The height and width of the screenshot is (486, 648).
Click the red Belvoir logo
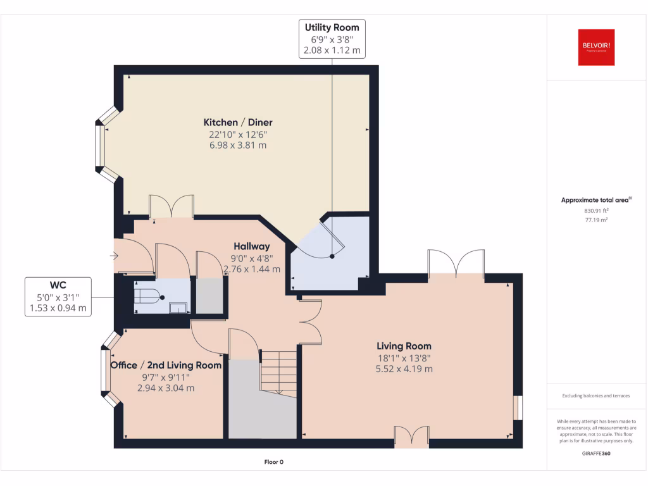(x=596, y=47)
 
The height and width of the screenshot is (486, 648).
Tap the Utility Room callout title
(x=332, y=27)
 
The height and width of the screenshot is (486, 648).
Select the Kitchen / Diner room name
(x=238, y=122)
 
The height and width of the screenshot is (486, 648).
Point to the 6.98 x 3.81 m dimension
(x=238, y=145)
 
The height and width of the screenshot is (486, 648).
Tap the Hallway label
(x=251, y=246)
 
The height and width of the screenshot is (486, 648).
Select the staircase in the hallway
(x=278, y=373)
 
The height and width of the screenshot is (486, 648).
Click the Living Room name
(x=404, y=346)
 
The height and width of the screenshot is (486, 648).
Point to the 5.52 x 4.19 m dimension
(x=404, y=368)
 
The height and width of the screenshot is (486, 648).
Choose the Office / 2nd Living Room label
(x=166, y=365)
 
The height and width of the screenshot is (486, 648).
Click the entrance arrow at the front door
(x=114, y=256)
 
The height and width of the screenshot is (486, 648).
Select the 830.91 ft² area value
(x=596, y=211)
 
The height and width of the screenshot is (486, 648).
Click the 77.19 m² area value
(x=596, y=220)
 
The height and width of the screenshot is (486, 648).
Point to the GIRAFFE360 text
(x=596, y=453)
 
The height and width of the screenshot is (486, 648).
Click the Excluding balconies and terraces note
(x=596, y=396)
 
